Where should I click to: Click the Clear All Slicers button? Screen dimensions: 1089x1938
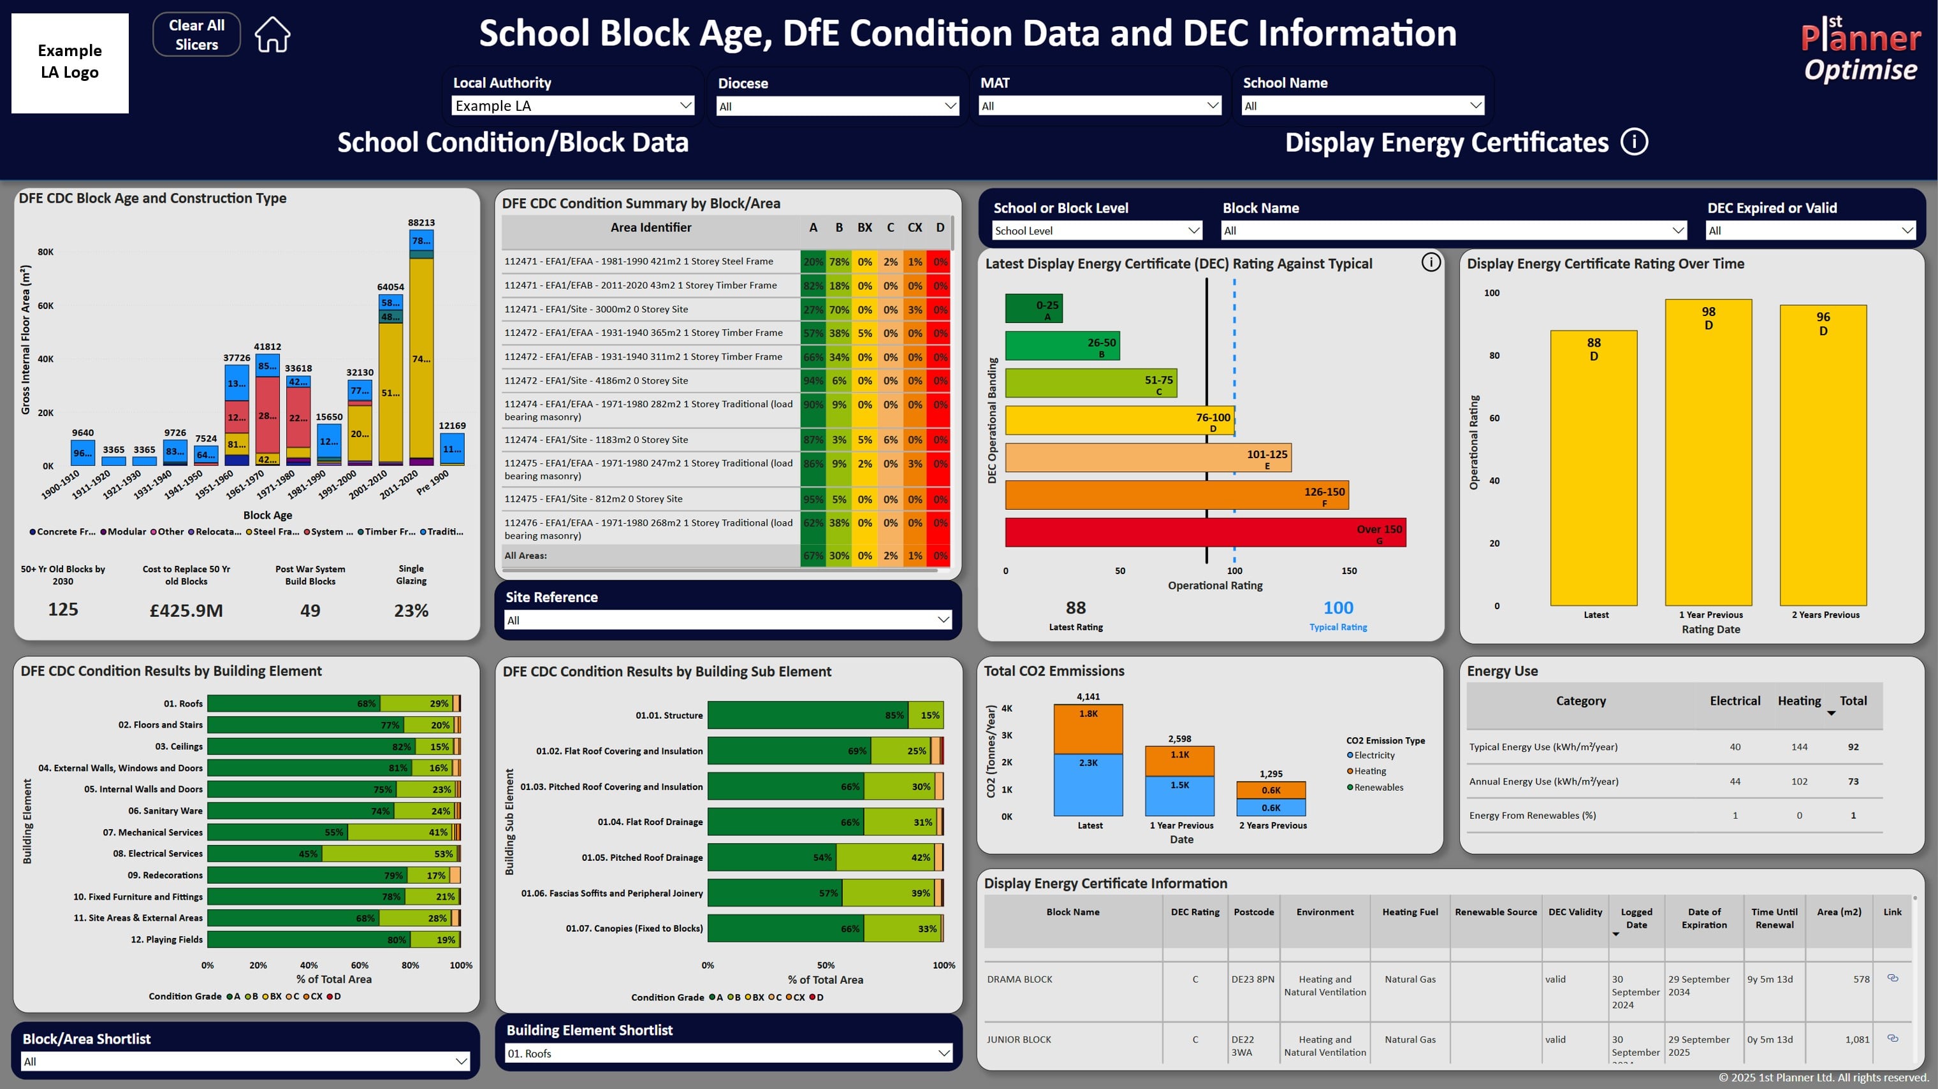click(x=196, y=34)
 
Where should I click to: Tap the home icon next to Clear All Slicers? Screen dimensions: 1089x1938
click(x=272, y=34)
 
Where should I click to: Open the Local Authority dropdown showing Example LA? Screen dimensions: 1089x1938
click(x=572, y=105)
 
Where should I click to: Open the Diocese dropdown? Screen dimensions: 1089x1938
click(x=836, y=106)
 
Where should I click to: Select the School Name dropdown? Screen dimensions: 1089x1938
click(x=1362, y=106)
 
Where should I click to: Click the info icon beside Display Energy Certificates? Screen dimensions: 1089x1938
click(x=1633, y=141)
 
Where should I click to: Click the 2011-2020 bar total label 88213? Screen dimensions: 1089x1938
click(x=421, y=222)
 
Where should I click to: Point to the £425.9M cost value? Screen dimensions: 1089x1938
click(x=186, y=610)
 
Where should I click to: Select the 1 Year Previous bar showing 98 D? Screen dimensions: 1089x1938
click(x=1708, y=451)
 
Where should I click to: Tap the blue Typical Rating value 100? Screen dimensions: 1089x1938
click(x=1337, y=608)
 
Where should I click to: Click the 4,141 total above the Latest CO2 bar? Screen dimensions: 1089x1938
click(x=1088, y=696)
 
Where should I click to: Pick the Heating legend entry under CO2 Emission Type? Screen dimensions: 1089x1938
click(x=1369, y=771)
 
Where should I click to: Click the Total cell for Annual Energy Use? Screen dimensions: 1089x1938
click(x=1853, y=781)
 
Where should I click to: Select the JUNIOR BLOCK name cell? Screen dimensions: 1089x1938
click(x=1019, y=1039)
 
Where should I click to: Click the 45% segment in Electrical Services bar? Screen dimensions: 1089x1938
click(x=308, y=854)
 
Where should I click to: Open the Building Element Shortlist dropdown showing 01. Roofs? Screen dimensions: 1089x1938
click(x=727, y=1053)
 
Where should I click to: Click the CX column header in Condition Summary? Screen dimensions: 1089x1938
click(x=914, y=227)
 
